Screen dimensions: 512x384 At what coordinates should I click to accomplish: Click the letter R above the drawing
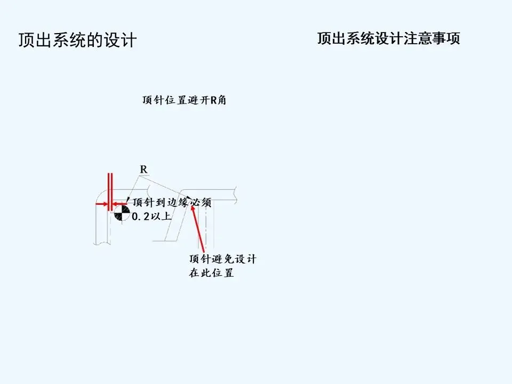click(143, 169)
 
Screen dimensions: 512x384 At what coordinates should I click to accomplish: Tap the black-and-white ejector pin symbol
click(121, 213)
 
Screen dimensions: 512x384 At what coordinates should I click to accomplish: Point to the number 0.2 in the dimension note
click(141, 216)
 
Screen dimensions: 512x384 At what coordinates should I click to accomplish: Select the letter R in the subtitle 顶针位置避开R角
click(214, 100)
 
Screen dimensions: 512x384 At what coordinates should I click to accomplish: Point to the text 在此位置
click(211, 274)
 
